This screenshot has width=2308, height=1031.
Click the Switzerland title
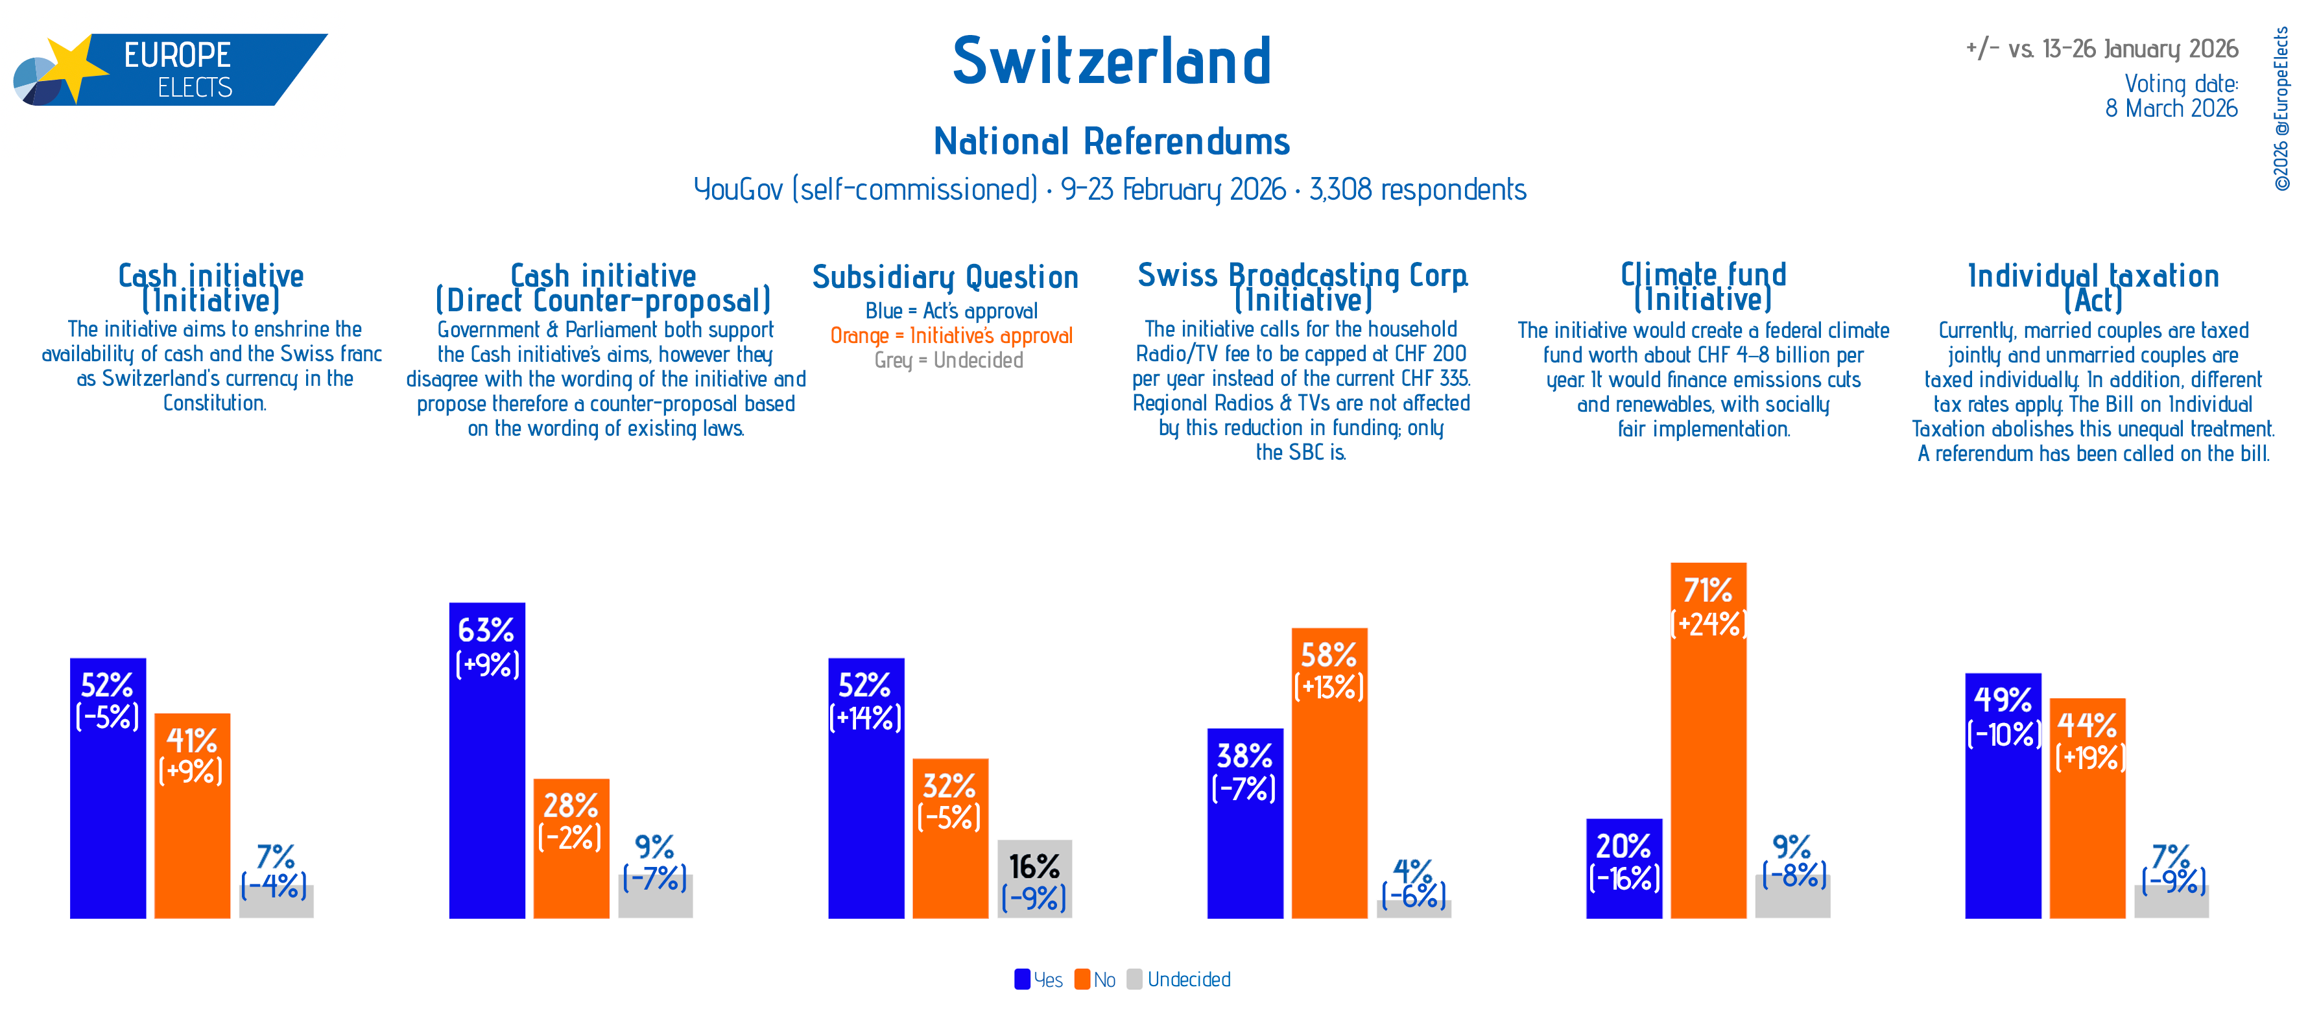tap(1111, 62)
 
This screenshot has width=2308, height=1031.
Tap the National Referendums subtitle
tap(1111, 141)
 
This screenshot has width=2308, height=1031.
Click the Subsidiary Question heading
tap(946, 277)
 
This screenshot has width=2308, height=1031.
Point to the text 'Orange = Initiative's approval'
tap(951, 336)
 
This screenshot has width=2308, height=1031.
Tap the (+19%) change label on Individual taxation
tap(2089, 758)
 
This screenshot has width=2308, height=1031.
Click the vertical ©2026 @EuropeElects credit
tap(2281, 108)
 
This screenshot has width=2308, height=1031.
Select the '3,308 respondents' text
tap(1418, 190)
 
